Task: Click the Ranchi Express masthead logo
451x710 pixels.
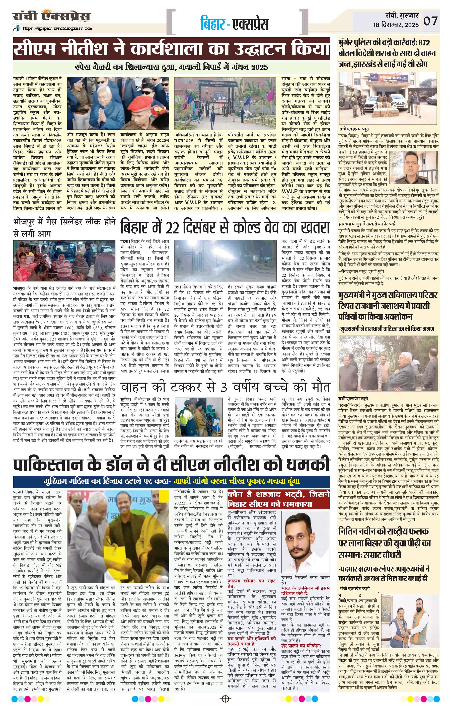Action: [52, 16]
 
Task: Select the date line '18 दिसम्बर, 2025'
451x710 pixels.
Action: [396, 25]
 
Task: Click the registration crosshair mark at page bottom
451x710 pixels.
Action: [225, 699]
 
